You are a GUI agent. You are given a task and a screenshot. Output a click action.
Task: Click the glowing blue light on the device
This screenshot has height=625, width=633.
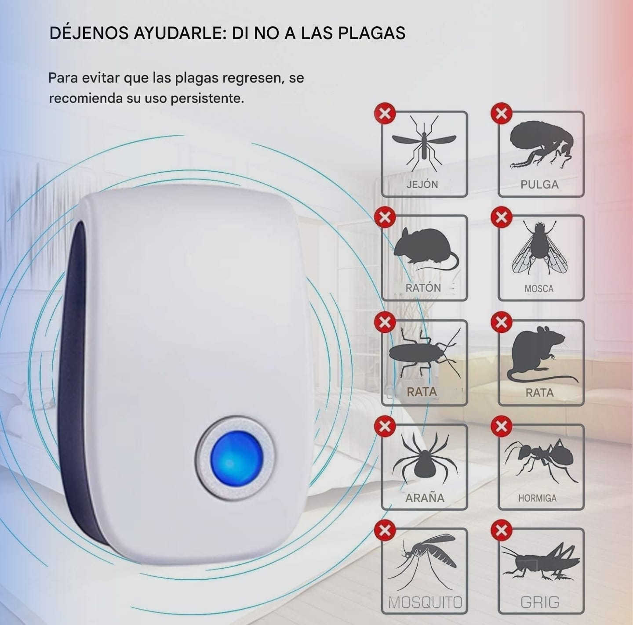point(236,458)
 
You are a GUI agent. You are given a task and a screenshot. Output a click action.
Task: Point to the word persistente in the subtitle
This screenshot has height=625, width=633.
point(207,98)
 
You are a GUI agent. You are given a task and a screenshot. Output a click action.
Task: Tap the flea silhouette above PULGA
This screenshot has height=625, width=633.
point(542,145)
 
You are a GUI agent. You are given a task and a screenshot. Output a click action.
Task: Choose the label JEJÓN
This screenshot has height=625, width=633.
point(422,184)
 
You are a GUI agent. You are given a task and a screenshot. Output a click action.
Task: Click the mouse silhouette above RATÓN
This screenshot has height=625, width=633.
point(426,249)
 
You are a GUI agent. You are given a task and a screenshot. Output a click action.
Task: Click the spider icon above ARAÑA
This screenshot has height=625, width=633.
point(425,458)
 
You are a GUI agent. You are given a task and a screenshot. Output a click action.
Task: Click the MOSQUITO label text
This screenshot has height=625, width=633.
point(426,603)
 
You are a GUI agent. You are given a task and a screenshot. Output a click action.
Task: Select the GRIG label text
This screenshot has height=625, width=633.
point(540,602)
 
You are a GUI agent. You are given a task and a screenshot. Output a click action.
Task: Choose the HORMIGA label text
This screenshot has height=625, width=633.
point(538,499)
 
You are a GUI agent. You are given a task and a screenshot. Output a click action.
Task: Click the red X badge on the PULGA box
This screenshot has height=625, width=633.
point(501,114)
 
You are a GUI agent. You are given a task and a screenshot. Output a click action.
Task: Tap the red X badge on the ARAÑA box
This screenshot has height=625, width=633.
point(385,426)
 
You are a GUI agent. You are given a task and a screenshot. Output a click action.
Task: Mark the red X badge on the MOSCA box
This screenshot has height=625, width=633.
point(501,217)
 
